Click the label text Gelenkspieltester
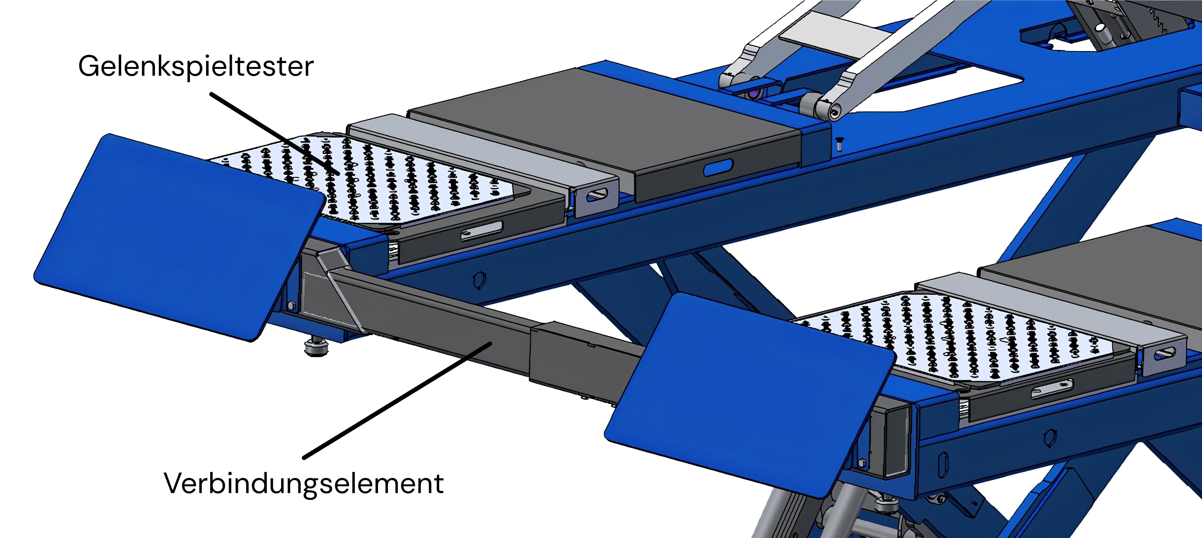pos(196,67)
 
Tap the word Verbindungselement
pos(303,483)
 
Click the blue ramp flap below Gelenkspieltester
pos(180,237)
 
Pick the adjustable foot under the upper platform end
pos(316,346)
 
